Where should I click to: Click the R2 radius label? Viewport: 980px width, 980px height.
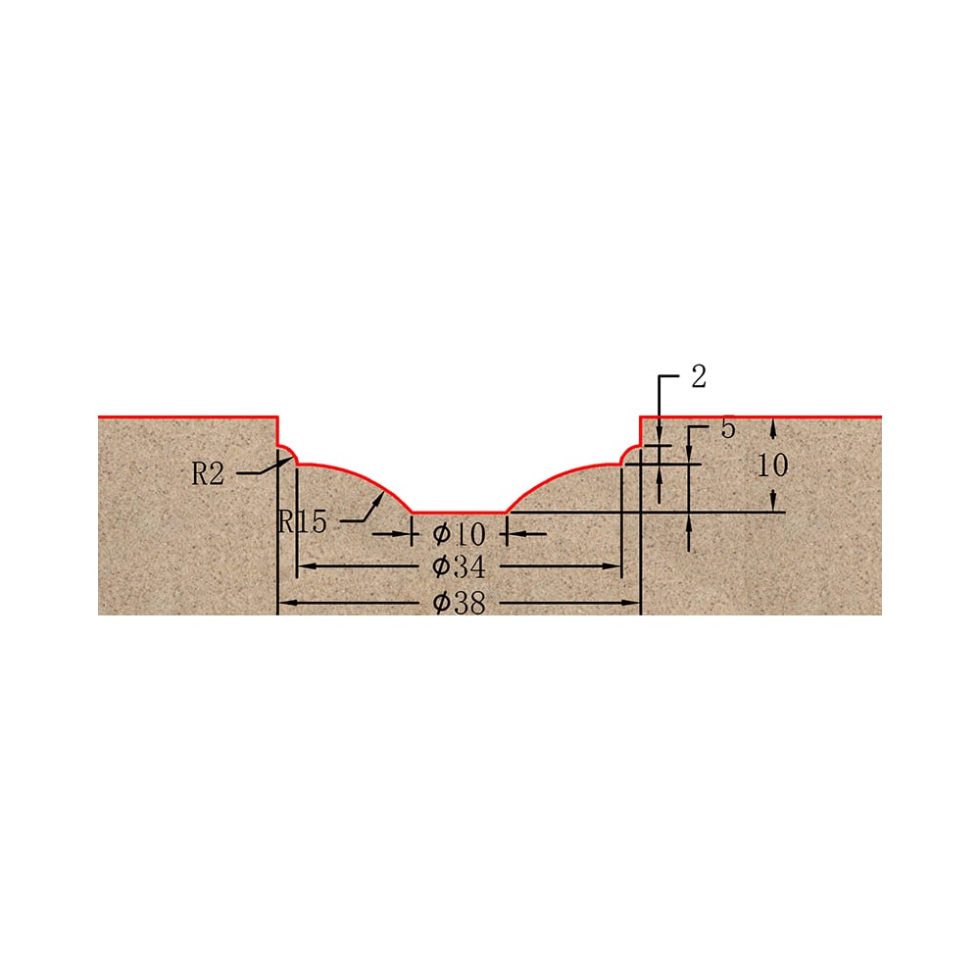click(208, 473)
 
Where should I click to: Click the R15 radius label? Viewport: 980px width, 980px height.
click(303, 520)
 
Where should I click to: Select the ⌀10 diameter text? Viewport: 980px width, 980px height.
click(459, 534)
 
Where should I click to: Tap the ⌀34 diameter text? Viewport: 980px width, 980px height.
click(459, 566)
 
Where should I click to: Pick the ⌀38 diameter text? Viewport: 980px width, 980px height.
click(459, 603)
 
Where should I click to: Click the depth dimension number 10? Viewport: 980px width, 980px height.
click(772, 465)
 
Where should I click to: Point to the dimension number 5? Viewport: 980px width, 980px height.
click(728, 428)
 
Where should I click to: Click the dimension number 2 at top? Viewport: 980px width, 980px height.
click(699, 376)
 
